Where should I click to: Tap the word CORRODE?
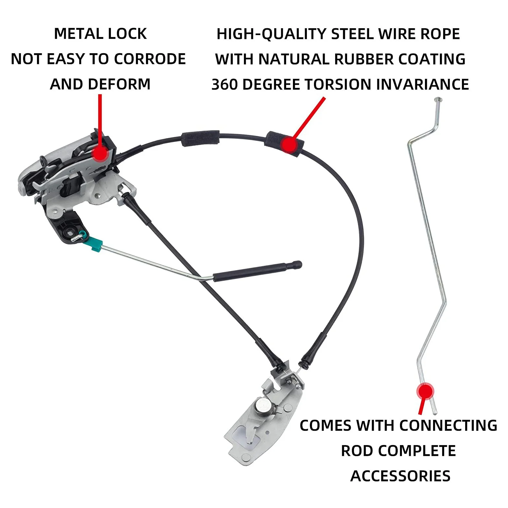pos(150,59)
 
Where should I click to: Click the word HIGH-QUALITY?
pos(271,34)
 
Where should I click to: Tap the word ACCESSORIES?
pos(400,476)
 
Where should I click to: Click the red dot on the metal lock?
pos(100,153)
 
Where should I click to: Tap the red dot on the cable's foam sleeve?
pos(288,144)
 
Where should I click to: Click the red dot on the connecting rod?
pos(425,391)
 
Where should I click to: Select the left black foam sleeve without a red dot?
pos(200,139)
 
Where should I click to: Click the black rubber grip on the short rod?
pos(256,271)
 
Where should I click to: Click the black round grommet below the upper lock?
pos(70,232)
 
